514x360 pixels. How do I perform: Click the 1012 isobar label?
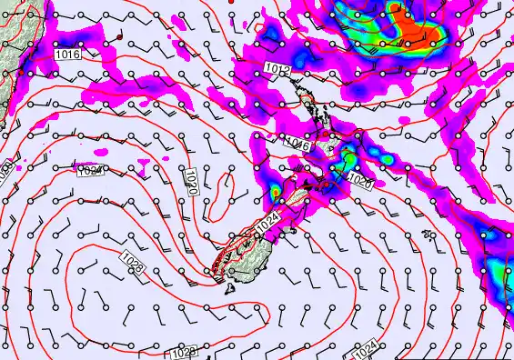point(277,69)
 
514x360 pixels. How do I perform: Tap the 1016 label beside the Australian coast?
point(67,55)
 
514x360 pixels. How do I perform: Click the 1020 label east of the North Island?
point(359,181)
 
